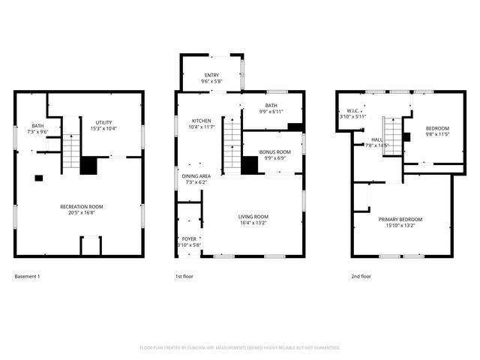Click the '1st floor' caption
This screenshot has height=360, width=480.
184,277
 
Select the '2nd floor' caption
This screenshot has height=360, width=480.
361,277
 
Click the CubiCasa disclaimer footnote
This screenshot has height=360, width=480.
240,347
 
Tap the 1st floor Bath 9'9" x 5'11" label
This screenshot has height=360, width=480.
271,109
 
